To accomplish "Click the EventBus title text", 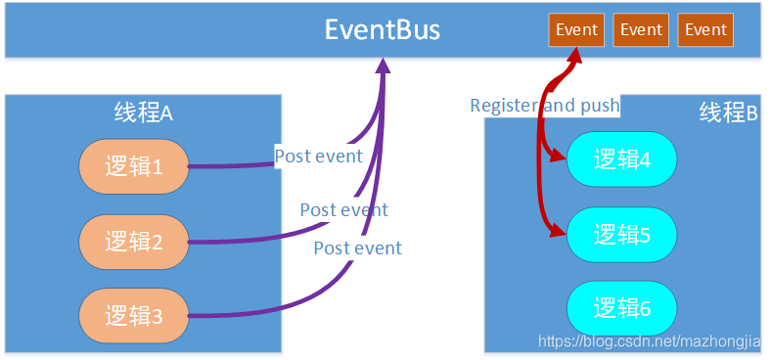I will click(383, 30).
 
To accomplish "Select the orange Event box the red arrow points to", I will click(576, 29).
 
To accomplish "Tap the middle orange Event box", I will click(641, 29).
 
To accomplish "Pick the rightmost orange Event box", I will click(705, 29).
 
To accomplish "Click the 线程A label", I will click(143, 112).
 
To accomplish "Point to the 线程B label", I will click(728, 112).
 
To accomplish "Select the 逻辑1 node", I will click(133, 165).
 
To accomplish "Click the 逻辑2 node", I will click(133, 241).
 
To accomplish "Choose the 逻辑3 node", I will click(133, 315).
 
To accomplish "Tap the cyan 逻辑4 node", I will click(621, 158).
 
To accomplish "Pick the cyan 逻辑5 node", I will click(621, 235).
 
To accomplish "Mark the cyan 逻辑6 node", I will click(621, 309).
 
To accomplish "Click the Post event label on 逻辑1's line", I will click(318, 156).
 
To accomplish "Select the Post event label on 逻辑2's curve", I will click(343, 209).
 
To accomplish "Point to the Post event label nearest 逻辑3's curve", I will click(357, 248).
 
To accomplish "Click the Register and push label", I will click(544, 105).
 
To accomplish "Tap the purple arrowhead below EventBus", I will click(383, 66).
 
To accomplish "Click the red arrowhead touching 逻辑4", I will click(559, 156).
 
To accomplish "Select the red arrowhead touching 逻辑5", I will click(559, 232).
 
